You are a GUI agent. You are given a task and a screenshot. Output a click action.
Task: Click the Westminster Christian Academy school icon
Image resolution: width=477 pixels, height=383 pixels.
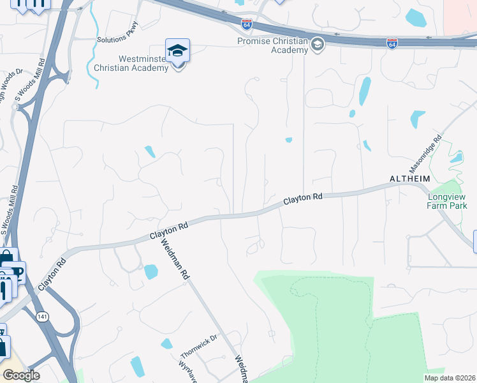178,51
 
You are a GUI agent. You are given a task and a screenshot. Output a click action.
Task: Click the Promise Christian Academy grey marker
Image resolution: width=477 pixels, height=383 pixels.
317,43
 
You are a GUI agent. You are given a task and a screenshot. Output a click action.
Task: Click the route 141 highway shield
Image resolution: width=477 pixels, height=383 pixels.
42,316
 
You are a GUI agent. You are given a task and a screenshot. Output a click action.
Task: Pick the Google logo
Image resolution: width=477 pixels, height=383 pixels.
21,375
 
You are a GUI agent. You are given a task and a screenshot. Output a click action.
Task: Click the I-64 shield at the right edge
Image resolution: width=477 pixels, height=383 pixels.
392,43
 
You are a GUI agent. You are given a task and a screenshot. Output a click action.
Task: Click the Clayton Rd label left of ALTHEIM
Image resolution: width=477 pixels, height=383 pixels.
302,199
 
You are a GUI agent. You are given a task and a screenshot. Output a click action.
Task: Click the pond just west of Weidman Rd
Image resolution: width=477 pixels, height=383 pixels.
151,272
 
